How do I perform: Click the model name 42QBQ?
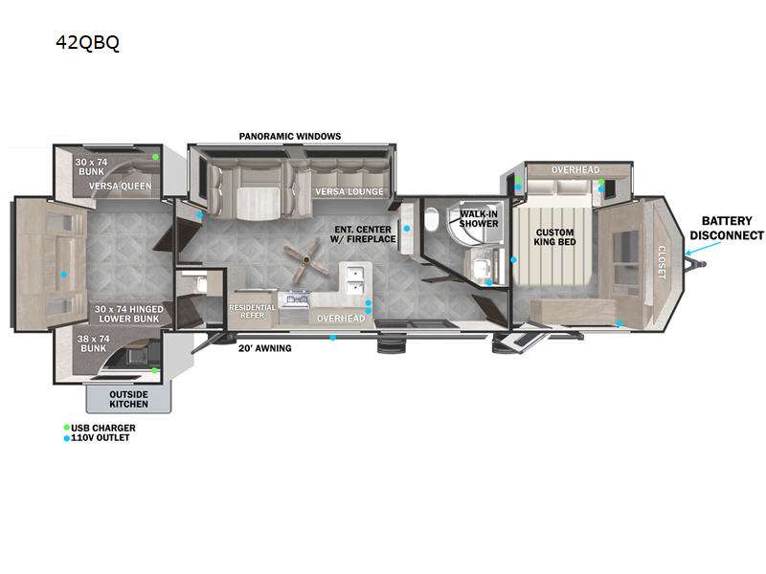pos(87,43)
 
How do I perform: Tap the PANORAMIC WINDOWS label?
pos(290,136)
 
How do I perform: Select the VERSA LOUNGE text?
pos(349,191)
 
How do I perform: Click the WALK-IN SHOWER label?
pos(479,219)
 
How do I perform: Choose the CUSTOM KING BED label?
pos(554,237)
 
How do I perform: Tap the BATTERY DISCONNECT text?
pos(727,228)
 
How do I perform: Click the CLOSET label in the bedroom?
pos(662,262)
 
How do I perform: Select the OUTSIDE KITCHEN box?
pos(129,399)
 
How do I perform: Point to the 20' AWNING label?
pos(265,348)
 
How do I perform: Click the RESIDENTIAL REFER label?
pos(252,312)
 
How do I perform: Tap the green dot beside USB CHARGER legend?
pos(67,428)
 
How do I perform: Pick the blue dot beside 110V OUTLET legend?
pos(67,438)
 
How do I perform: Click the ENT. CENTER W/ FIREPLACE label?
pos(363,234)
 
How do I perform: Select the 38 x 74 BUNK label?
pos(93,343)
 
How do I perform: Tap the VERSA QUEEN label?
pos(121,186)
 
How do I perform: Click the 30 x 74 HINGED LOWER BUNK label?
pos(129,314)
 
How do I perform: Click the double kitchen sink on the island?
pos(355,279)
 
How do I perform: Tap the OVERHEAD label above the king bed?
pos(575,170)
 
